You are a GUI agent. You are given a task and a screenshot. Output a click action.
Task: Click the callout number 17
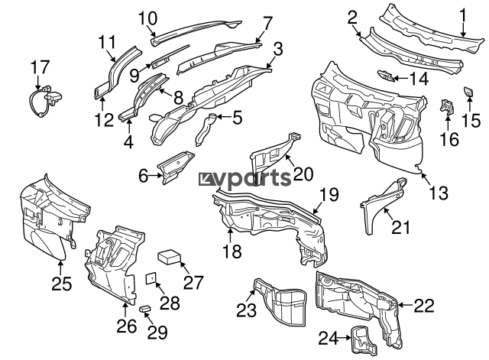point(40,67)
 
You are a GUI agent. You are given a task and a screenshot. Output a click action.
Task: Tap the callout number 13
point(439,193)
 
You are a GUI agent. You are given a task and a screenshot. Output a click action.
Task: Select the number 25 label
point(61,284)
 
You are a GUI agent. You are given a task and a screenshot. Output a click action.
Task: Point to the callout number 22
point(424,306)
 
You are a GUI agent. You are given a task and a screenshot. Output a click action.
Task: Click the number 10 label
point(147,18)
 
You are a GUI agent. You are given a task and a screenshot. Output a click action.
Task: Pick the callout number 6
point(143,177)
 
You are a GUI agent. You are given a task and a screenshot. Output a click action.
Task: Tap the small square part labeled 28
point(151,278)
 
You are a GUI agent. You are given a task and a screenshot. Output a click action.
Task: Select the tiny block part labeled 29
point(145,308)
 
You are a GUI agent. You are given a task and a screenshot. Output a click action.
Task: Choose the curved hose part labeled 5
point(205,130)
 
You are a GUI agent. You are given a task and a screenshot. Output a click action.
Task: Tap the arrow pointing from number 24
point(345,338)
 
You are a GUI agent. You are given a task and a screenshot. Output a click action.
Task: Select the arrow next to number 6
point(156,176)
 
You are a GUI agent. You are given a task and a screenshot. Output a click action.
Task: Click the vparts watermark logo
point(244,180)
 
